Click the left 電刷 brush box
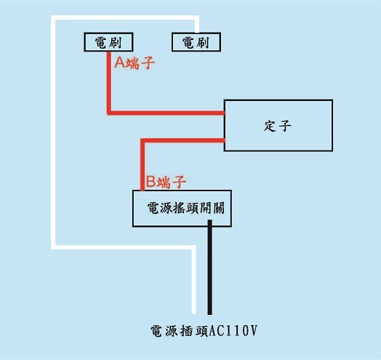point(108,42)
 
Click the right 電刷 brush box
point(196,42)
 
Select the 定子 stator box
point(278,125)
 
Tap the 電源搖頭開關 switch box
point(182,208)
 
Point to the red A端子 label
point(135,63)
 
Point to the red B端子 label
point(166,182)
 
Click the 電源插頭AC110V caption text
point(204,331)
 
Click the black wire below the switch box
point(209,268)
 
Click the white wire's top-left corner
point(53,17)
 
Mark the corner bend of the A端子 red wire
point(109,113)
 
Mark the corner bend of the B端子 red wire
point(143,141)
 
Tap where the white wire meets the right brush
point(197,32)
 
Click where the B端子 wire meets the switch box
point(143,190)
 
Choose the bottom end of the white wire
point(193,313)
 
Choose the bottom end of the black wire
point(209,314)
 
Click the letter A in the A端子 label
point(119,63)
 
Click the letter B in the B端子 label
point(151,182)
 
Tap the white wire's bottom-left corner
point(53,247)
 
